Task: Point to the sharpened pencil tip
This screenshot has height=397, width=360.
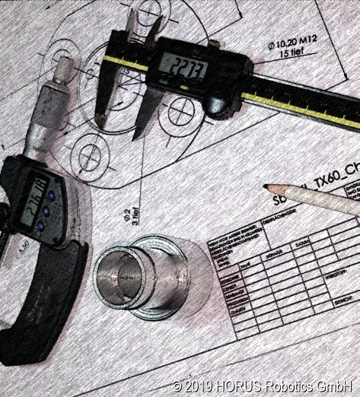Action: tap(266, 186)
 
